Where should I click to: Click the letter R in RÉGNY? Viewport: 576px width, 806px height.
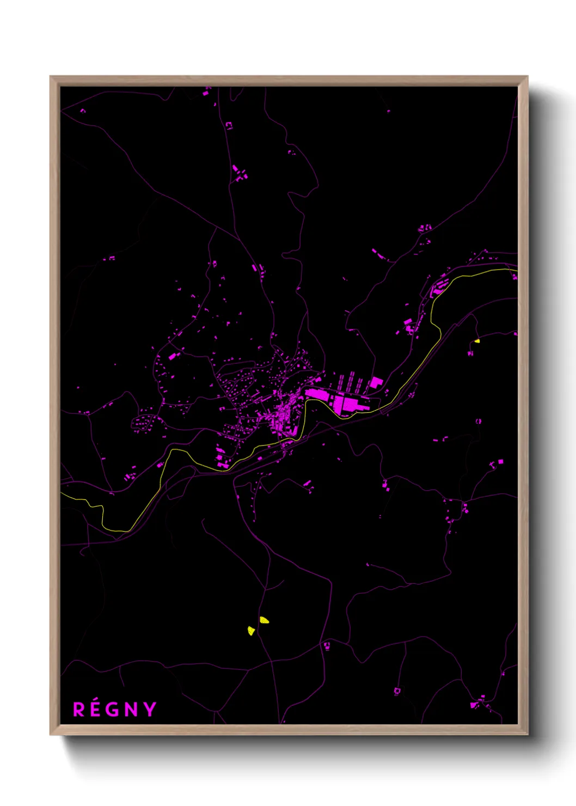(79, 710)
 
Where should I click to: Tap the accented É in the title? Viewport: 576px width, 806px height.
(96, 710)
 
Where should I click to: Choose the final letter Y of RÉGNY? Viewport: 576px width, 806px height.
(149, 710)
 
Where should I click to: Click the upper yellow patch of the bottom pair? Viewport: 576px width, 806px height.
(264, 620)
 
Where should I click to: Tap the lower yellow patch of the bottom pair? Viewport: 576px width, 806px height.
(251, 631)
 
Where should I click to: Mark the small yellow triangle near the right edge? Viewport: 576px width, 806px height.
(477, 341)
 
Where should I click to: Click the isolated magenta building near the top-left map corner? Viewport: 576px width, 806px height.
(83, 111)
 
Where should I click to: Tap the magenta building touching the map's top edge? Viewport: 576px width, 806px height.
(206, 93)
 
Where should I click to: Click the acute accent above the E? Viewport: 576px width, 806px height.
(97, 702)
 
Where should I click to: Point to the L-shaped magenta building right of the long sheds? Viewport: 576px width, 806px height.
(375, 382)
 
